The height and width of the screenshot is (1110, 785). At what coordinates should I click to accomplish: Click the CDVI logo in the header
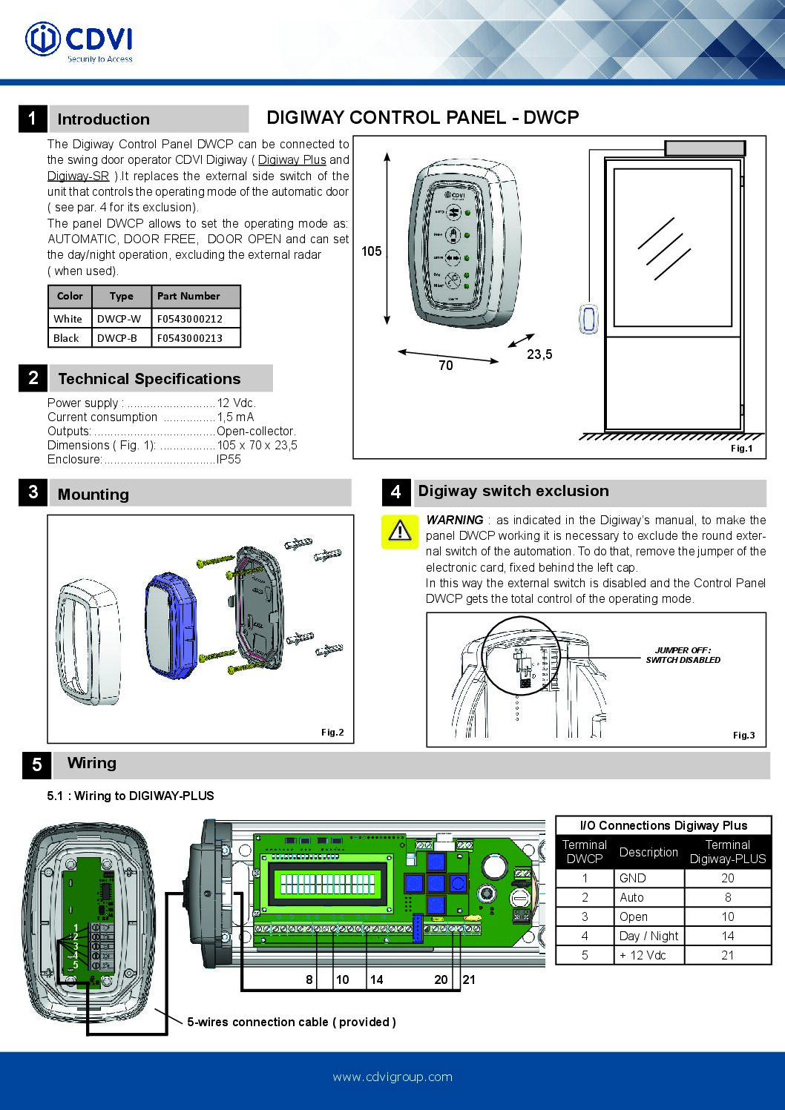(79, 41)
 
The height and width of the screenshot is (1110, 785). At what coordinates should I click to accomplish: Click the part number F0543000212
(189, 319)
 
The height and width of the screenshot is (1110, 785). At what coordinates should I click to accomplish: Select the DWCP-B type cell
(117, 338)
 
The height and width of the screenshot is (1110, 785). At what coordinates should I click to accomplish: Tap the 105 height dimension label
(371, 251)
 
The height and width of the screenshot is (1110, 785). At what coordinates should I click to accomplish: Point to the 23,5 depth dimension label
(539, 354)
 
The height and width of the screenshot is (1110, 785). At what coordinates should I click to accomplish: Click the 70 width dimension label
(445, 366)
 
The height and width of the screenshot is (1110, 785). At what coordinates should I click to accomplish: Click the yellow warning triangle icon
(400, 531)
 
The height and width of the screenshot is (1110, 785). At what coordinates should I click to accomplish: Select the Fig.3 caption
(743, 736)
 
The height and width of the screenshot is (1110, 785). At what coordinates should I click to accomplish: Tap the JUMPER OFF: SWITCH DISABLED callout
(683, 655)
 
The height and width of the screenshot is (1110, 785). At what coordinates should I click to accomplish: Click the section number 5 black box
(36, 765)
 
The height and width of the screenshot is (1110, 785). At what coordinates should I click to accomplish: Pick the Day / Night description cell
(648, 936)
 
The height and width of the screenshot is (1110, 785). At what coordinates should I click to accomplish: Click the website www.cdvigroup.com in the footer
(392, 1077)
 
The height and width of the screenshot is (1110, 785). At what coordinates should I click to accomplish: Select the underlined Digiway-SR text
(78, 176)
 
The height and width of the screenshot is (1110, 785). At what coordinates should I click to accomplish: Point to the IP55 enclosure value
(229, 460)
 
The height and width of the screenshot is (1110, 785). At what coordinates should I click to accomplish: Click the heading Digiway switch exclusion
(513, 491)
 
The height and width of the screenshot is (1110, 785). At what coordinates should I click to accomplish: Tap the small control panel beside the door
(588, 319)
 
